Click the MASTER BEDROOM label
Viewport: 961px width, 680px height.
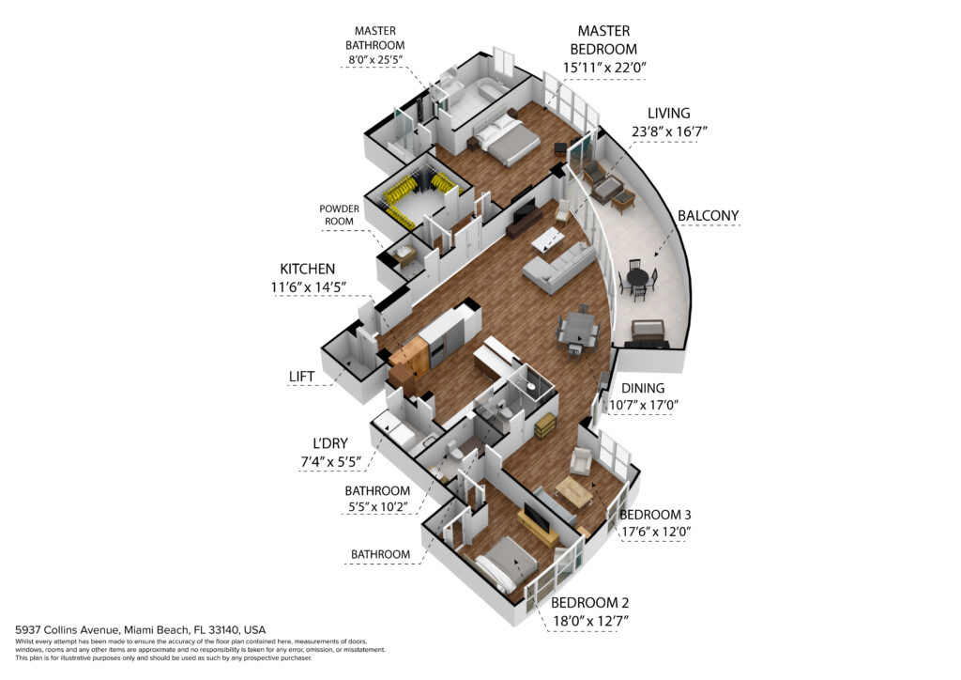click(x=603, y=39)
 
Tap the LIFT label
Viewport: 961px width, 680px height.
click(x=301, y=377)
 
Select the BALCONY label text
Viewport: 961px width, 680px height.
click(x=708, y=216)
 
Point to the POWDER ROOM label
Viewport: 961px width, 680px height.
click(x=339, y=214)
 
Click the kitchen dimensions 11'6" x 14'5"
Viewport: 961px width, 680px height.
click(x=308, y=287)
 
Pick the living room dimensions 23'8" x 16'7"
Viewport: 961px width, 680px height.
click(x=669, y=131)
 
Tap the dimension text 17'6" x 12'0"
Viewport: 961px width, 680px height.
click(x=656, y=532)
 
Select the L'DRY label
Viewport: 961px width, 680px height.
click(x=330, y=443)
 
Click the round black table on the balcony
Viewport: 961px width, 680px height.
click(x=638, y=277)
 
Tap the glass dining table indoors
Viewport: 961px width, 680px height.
click(x=579, y=330)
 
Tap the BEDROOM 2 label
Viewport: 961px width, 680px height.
click(x=589, y=603)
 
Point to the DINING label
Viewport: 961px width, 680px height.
click(x=643, y=388)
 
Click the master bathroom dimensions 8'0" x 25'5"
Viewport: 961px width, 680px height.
click(x=375, y=60)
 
